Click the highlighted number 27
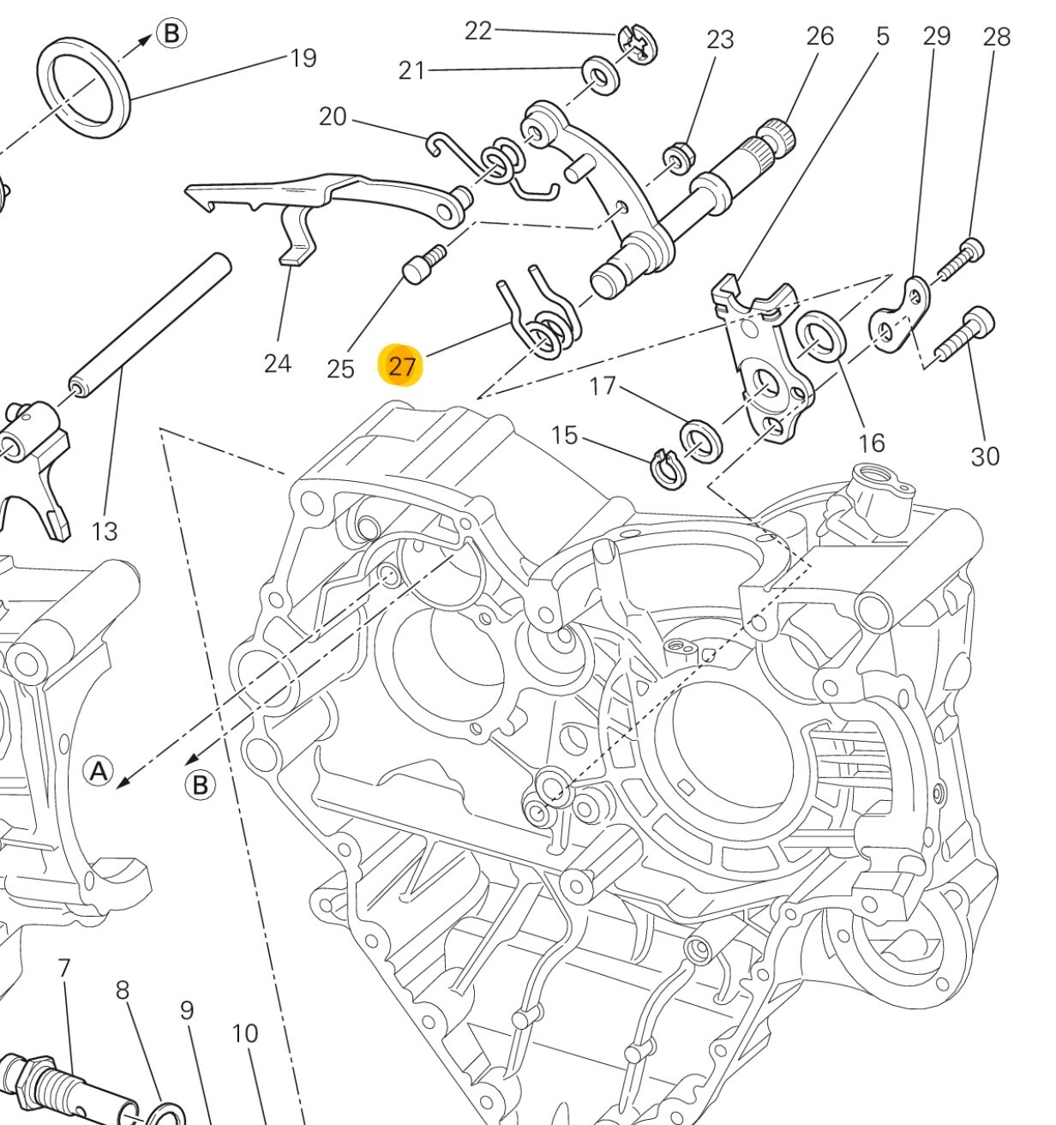(x=401, y=367)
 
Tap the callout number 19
(x=303, y=58)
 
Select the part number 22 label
(x=478, y=31)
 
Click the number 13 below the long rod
(x=104, y=532)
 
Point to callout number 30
(x=985, y=455)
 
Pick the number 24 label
(x=277, y=364)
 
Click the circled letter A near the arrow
(x=99, y=771)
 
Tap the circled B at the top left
(x=171, y=34)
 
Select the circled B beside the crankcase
(x=201, y=785)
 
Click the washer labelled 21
(x=602, y=75)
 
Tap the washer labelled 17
(x=700, y=441)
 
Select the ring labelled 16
(x=821, y=336)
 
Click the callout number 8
(x=123, y=990)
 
